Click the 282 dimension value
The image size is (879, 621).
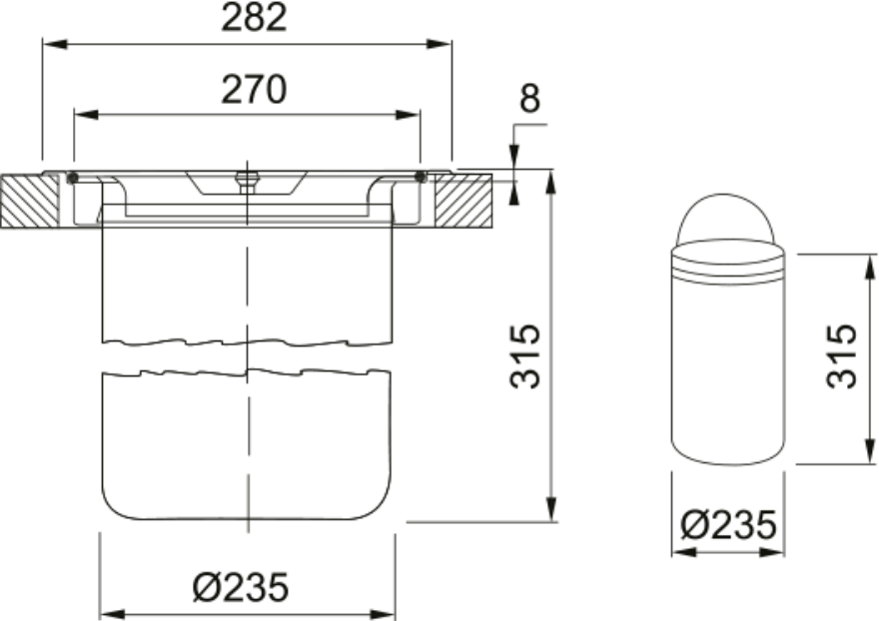(254, 17)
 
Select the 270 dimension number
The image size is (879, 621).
(254, 89)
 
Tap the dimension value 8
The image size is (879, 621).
(529, 98)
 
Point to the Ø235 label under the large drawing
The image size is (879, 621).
(241, 587)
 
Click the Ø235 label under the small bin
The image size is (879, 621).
(728, 525)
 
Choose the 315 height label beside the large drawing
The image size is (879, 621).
(525, 355)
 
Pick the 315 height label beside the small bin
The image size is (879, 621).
(841, 355)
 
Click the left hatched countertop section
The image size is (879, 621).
(30, 202)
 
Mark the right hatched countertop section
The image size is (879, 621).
(463, 202)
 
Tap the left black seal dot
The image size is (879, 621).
(72, 178)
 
